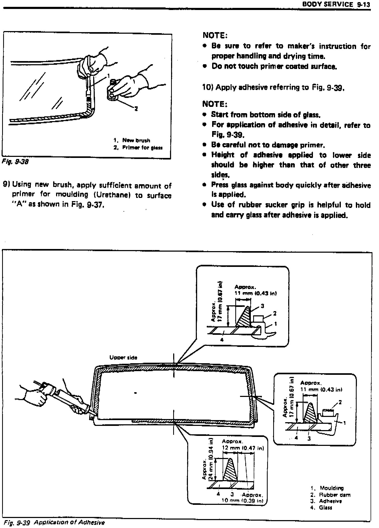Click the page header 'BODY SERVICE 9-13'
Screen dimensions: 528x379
coord(336,4)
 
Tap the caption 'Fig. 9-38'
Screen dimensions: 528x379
coord(15,162)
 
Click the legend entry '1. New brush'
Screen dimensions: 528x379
coord(132,140)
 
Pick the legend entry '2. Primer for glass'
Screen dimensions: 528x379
coord(138,148)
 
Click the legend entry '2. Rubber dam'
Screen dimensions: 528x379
coord(330,495)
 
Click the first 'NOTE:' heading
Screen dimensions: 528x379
coord(215,35)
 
